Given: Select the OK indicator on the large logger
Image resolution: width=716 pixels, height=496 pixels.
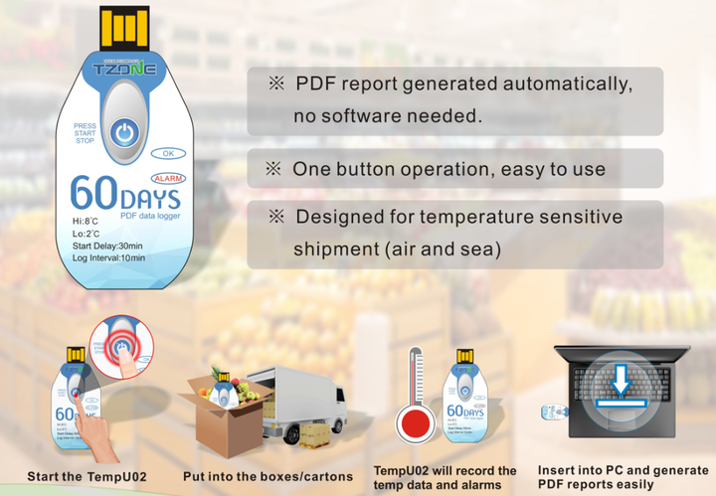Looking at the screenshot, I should [168, 154].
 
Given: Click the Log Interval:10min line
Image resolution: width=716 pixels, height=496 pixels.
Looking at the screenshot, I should [108, 258].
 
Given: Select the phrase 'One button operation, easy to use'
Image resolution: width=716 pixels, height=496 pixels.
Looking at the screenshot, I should [448, 169].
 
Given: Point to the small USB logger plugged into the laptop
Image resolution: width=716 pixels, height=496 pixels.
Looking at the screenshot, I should [555, 412].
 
